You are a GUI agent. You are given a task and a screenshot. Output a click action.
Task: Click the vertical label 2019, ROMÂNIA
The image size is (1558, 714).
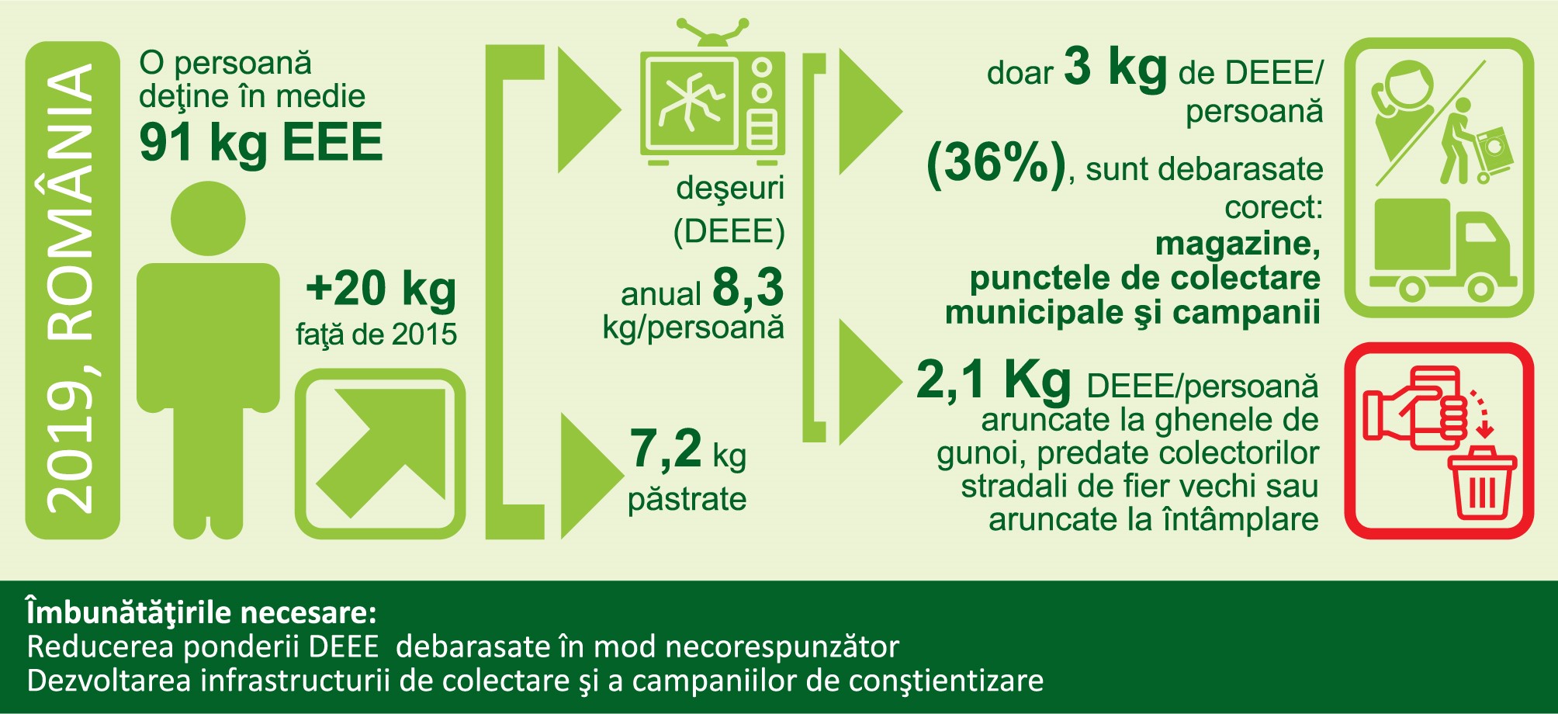click(x=71, y=289)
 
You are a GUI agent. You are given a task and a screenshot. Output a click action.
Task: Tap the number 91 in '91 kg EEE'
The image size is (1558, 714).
click(x=166, y=142)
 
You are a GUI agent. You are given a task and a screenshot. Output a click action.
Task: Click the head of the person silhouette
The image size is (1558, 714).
click(x=208, y=219)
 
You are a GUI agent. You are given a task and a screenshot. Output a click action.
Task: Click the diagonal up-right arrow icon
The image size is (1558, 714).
click(x=381, y=453)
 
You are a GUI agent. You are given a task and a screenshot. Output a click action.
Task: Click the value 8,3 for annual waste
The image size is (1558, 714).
click(x=748, y=287)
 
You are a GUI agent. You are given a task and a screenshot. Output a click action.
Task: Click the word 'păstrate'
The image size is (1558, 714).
click(x=687, y=499)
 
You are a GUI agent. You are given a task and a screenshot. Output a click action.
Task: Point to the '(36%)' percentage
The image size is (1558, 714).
click(x=997, y=164)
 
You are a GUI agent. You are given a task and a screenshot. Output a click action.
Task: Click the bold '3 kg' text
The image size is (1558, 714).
click(x=1116, y=68)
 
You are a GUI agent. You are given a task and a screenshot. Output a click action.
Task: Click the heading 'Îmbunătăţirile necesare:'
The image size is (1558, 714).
click(x=202, y=613)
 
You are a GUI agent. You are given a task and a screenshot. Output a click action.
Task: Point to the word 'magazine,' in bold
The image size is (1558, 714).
click(x=1238, y=244)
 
